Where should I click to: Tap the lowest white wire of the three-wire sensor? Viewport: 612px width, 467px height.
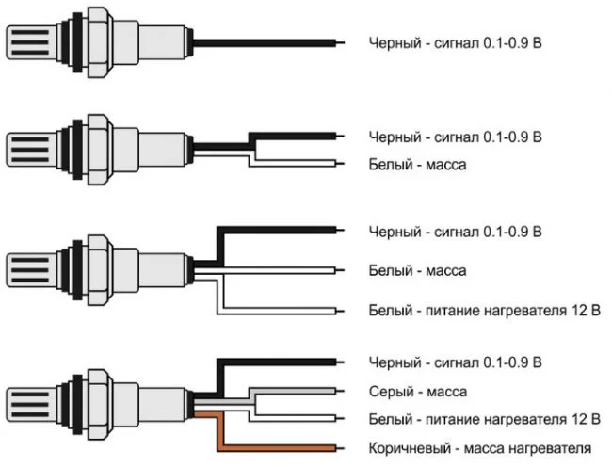coord(282,310)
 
